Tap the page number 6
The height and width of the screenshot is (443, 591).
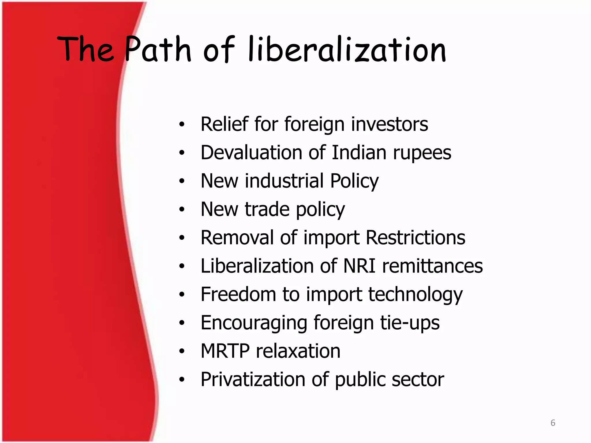click(553, 423)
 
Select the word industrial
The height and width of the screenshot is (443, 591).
click(284, 181)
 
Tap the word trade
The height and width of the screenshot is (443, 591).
click(267, 209)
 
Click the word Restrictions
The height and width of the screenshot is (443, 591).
click(416, 237)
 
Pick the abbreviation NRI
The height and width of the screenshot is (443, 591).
click(360, 266)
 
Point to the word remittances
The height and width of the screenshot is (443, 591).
click(432, 266)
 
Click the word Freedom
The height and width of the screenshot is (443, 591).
click(238, 294)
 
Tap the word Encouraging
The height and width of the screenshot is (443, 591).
click(254, 323)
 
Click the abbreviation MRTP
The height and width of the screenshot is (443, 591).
click(225, 351)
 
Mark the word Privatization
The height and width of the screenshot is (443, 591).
click(253, 379)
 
